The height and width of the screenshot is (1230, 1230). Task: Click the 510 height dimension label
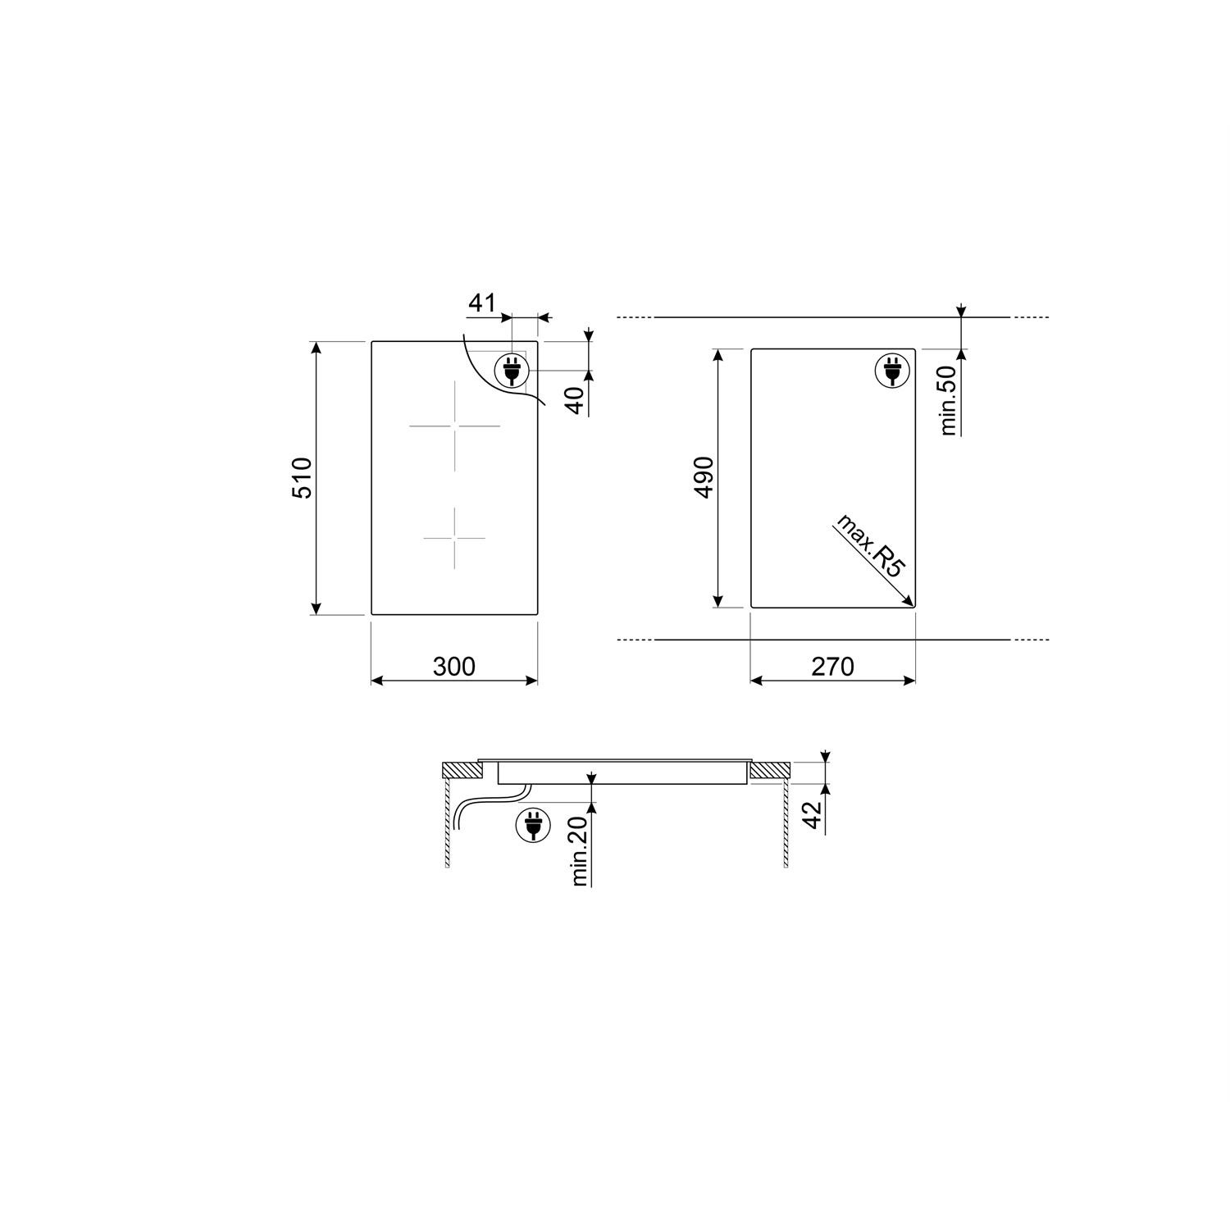(302, 478)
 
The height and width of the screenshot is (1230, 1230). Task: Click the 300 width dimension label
(453, 667)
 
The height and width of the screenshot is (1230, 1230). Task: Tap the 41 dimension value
(482, 303)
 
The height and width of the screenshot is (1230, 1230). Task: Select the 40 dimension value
(576, 400)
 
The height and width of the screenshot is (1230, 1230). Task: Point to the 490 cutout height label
(704, 478)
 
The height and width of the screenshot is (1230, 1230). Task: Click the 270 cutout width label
(832, 667)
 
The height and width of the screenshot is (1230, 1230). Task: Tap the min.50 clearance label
(949, 400)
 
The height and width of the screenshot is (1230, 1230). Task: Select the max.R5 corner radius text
(868, 547)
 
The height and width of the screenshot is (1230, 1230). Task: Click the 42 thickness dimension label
(812, 814)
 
